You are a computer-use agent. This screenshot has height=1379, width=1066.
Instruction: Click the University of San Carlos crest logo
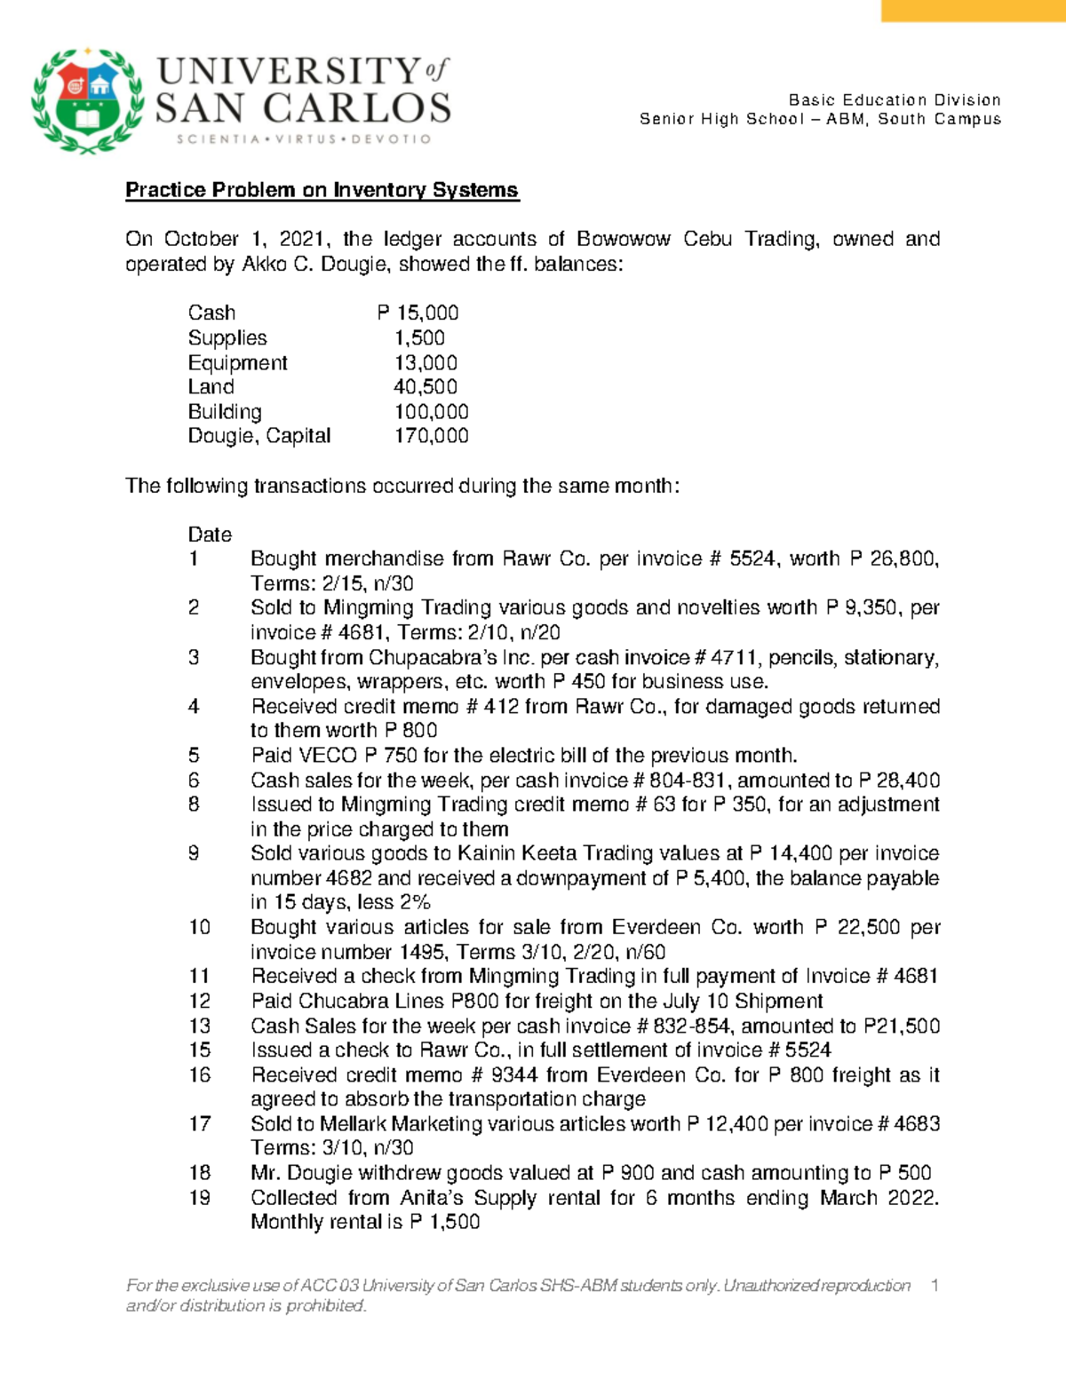point(87,100)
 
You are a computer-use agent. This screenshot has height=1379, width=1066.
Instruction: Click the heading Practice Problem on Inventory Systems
point(322,190)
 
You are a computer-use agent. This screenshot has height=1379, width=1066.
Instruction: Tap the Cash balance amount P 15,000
point(418,313)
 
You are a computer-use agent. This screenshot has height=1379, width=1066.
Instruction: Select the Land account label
point(211,387)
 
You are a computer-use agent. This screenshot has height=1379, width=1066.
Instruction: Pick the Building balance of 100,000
point(431,412)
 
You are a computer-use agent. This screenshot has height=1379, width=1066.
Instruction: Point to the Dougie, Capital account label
point(259,436)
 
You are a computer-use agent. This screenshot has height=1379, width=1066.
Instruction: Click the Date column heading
point(210,535)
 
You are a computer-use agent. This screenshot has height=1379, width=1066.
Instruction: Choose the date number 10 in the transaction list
point(199,927)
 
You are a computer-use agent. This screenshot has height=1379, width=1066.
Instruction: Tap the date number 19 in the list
point(199,1198)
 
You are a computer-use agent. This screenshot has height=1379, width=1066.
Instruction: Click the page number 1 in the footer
point(934,1285)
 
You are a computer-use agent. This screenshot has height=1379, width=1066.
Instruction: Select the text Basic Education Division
point(895,99)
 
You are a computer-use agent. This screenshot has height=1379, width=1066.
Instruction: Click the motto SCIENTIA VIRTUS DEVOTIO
point(303,139)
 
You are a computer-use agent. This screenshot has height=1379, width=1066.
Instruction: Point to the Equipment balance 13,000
point(426,363)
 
